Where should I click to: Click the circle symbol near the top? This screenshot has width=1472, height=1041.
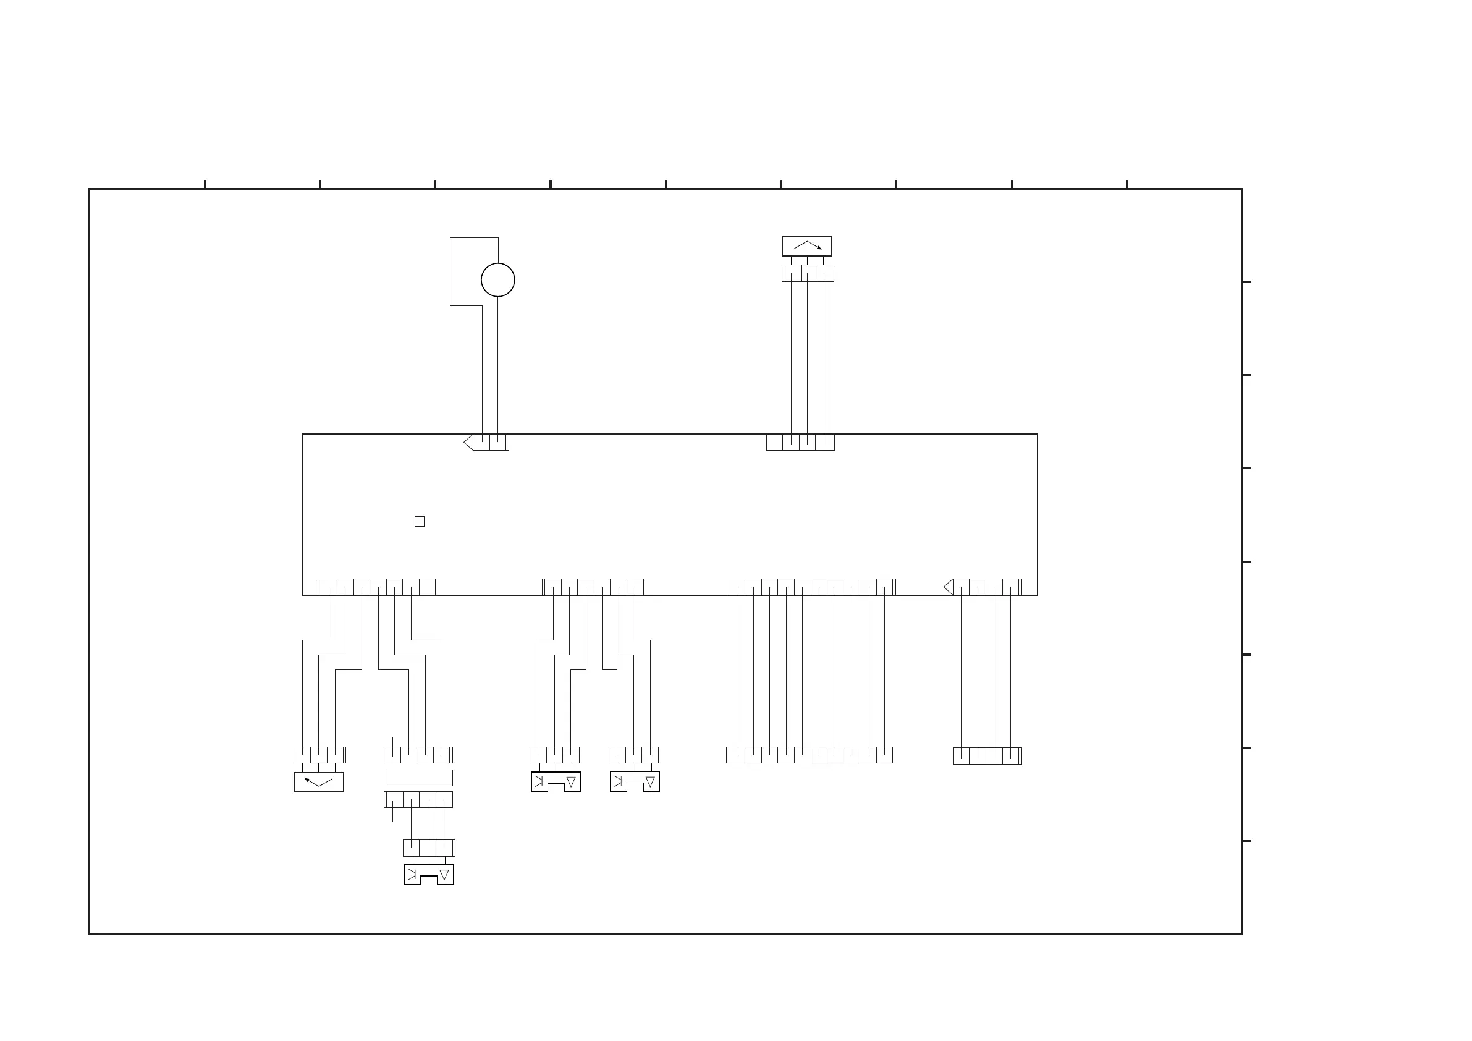coord(497,279)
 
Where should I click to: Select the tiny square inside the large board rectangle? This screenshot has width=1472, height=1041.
coord(419,522)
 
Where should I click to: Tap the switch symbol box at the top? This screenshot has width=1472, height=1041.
coord(806,246)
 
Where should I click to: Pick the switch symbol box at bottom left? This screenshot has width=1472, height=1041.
coord(319,783)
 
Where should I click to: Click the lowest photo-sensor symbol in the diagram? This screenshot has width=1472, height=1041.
coord(429,875)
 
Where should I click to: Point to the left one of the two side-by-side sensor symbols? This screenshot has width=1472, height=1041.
coord(556,782)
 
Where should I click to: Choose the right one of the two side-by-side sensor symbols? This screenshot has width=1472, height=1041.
coord(635,782)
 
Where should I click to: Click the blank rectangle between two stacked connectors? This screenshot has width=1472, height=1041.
coord(418,778)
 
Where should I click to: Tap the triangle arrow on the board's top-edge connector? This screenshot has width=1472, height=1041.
coord(468,442)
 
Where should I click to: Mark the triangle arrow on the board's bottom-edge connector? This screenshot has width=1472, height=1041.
coord(948,587)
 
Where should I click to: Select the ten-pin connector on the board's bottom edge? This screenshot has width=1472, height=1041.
coord(811,587)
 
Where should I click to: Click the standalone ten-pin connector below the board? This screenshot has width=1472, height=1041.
coord(809,755)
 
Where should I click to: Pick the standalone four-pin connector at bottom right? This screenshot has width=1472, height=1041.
coord(987,755)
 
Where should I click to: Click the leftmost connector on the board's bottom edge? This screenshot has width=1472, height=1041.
coord(376,587)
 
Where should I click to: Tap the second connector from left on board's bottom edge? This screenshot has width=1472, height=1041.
coord(593,587)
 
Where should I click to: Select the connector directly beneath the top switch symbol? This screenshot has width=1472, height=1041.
coord(808,273)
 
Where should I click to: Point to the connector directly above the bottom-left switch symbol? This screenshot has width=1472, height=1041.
coord(319,755)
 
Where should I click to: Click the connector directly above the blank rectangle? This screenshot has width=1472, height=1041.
coord(418,755)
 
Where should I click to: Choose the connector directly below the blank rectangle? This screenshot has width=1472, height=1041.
coord(418,800)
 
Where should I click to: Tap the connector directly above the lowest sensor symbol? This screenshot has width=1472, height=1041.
coord(429,848)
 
